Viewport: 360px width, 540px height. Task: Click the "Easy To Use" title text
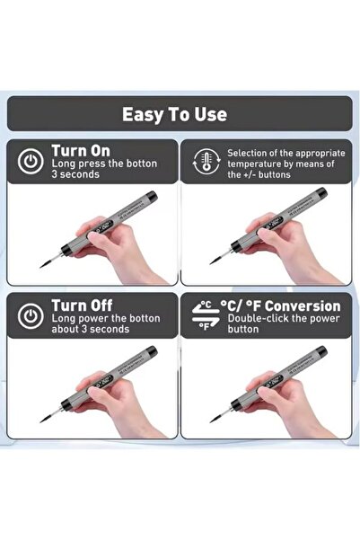click(x=174, y=114)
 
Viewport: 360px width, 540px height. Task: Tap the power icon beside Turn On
click(x=31, y=161)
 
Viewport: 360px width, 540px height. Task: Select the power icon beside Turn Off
click(x=31, y=315)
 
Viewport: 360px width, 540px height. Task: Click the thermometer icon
click(x=206, y=161)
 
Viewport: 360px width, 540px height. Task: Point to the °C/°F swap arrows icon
click(x=206, y=315)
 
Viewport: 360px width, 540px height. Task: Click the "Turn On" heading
click(x=81, y=151)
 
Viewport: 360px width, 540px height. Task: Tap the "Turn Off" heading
click(x=82, y=305)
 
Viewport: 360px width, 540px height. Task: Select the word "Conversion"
click(x=303, y=305)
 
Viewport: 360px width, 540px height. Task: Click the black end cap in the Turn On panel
click(x=151, y=197)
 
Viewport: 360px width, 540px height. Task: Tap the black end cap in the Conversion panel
click(x=320, y=351)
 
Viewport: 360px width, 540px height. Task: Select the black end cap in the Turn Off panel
click(x=151, y=351)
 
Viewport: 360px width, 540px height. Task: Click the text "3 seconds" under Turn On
click(x=75, y=174)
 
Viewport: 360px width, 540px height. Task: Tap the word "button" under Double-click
click(x=243, y=329)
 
